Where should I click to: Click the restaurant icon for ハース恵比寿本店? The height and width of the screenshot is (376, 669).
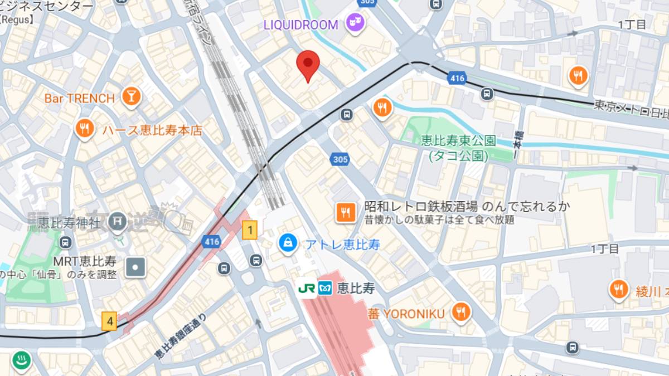point(84,130)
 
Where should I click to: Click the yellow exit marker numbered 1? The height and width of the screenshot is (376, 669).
point(250,229)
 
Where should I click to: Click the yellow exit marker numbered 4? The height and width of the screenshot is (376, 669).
point(110,321)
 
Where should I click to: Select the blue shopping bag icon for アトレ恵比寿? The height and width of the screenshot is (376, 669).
point(288,244)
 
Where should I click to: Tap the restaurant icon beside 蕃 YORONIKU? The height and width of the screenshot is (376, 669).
point(460,313)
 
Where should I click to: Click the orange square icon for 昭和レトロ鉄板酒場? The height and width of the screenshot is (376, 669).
point(345,212)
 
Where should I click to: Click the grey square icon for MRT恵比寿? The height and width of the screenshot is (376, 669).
point(135,268)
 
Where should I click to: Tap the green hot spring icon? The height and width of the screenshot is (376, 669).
point(22,361)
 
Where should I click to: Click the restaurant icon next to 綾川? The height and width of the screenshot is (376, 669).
point(618,290)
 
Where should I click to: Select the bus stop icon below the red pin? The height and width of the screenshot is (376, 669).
point(346,115)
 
